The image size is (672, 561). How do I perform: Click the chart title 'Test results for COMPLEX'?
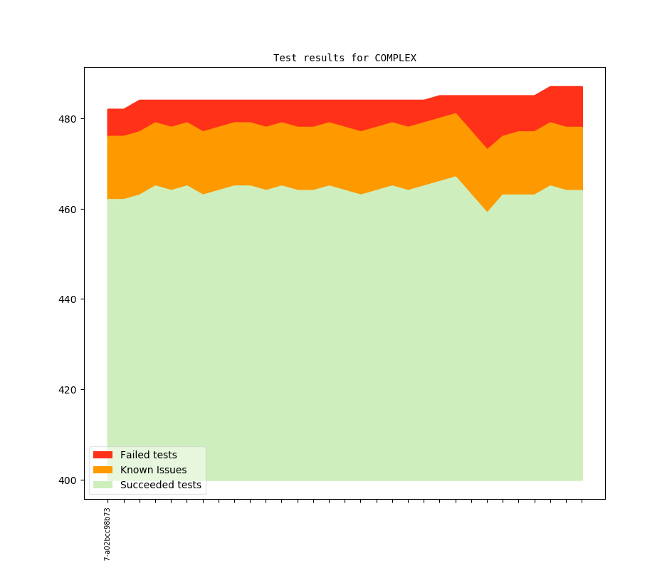(345, 58)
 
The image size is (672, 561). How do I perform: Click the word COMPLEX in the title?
(395, 58)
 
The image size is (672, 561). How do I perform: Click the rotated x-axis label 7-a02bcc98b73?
(107, 534)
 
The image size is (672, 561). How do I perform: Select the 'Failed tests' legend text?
(148, 455)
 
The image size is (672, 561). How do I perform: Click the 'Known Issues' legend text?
(153, 470)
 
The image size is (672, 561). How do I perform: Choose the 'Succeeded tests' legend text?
(160, 485)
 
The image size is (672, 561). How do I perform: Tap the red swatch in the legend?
(103, 455)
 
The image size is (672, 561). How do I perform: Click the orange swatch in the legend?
(103, 470)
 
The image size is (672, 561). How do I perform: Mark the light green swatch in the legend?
(103, 485)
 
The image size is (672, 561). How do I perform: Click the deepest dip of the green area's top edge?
(488, 212)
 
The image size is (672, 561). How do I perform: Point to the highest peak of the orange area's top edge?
(456, 113)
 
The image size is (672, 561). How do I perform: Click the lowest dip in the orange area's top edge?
(488, 148)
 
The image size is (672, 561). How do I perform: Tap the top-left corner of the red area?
(107, 109)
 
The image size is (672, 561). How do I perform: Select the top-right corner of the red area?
(582, 87)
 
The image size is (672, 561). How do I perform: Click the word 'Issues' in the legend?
(170, 470)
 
